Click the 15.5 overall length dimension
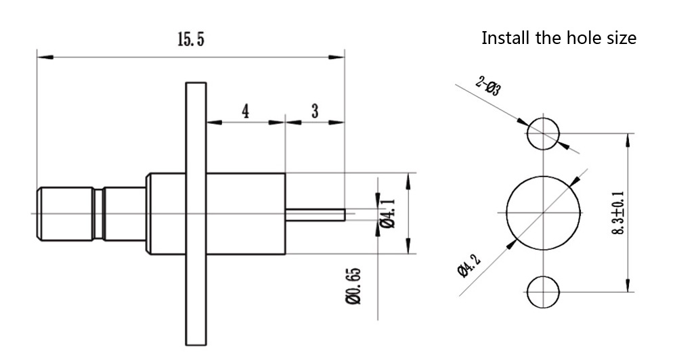click(190, 40)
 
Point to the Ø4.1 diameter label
click(388, 212)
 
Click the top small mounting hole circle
click(543, 133)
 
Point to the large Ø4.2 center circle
click(544, 212)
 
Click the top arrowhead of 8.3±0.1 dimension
click(629, 137)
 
